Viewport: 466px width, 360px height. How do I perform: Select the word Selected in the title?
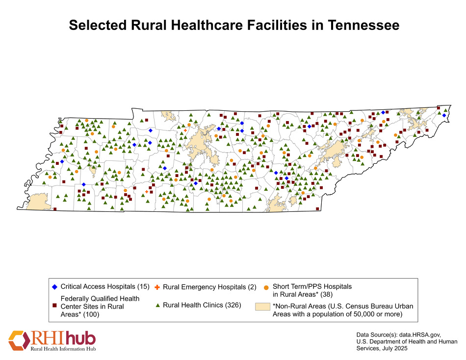[x=96, y=26]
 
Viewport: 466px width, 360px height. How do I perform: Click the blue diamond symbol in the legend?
[x=54, y=286]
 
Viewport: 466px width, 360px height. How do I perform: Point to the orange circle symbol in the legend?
[x=266, y=286]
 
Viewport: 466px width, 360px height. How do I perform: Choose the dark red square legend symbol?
[x=54, y=306]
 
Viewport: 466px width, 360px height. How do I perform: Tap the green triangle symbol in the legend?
[x=157, y=306]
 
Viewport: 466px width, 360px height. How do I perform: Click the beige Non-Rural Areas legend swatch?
[x=262, y=306]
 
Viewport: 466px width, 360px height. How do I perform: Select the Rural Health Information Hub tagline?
[x=63, y=349]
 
